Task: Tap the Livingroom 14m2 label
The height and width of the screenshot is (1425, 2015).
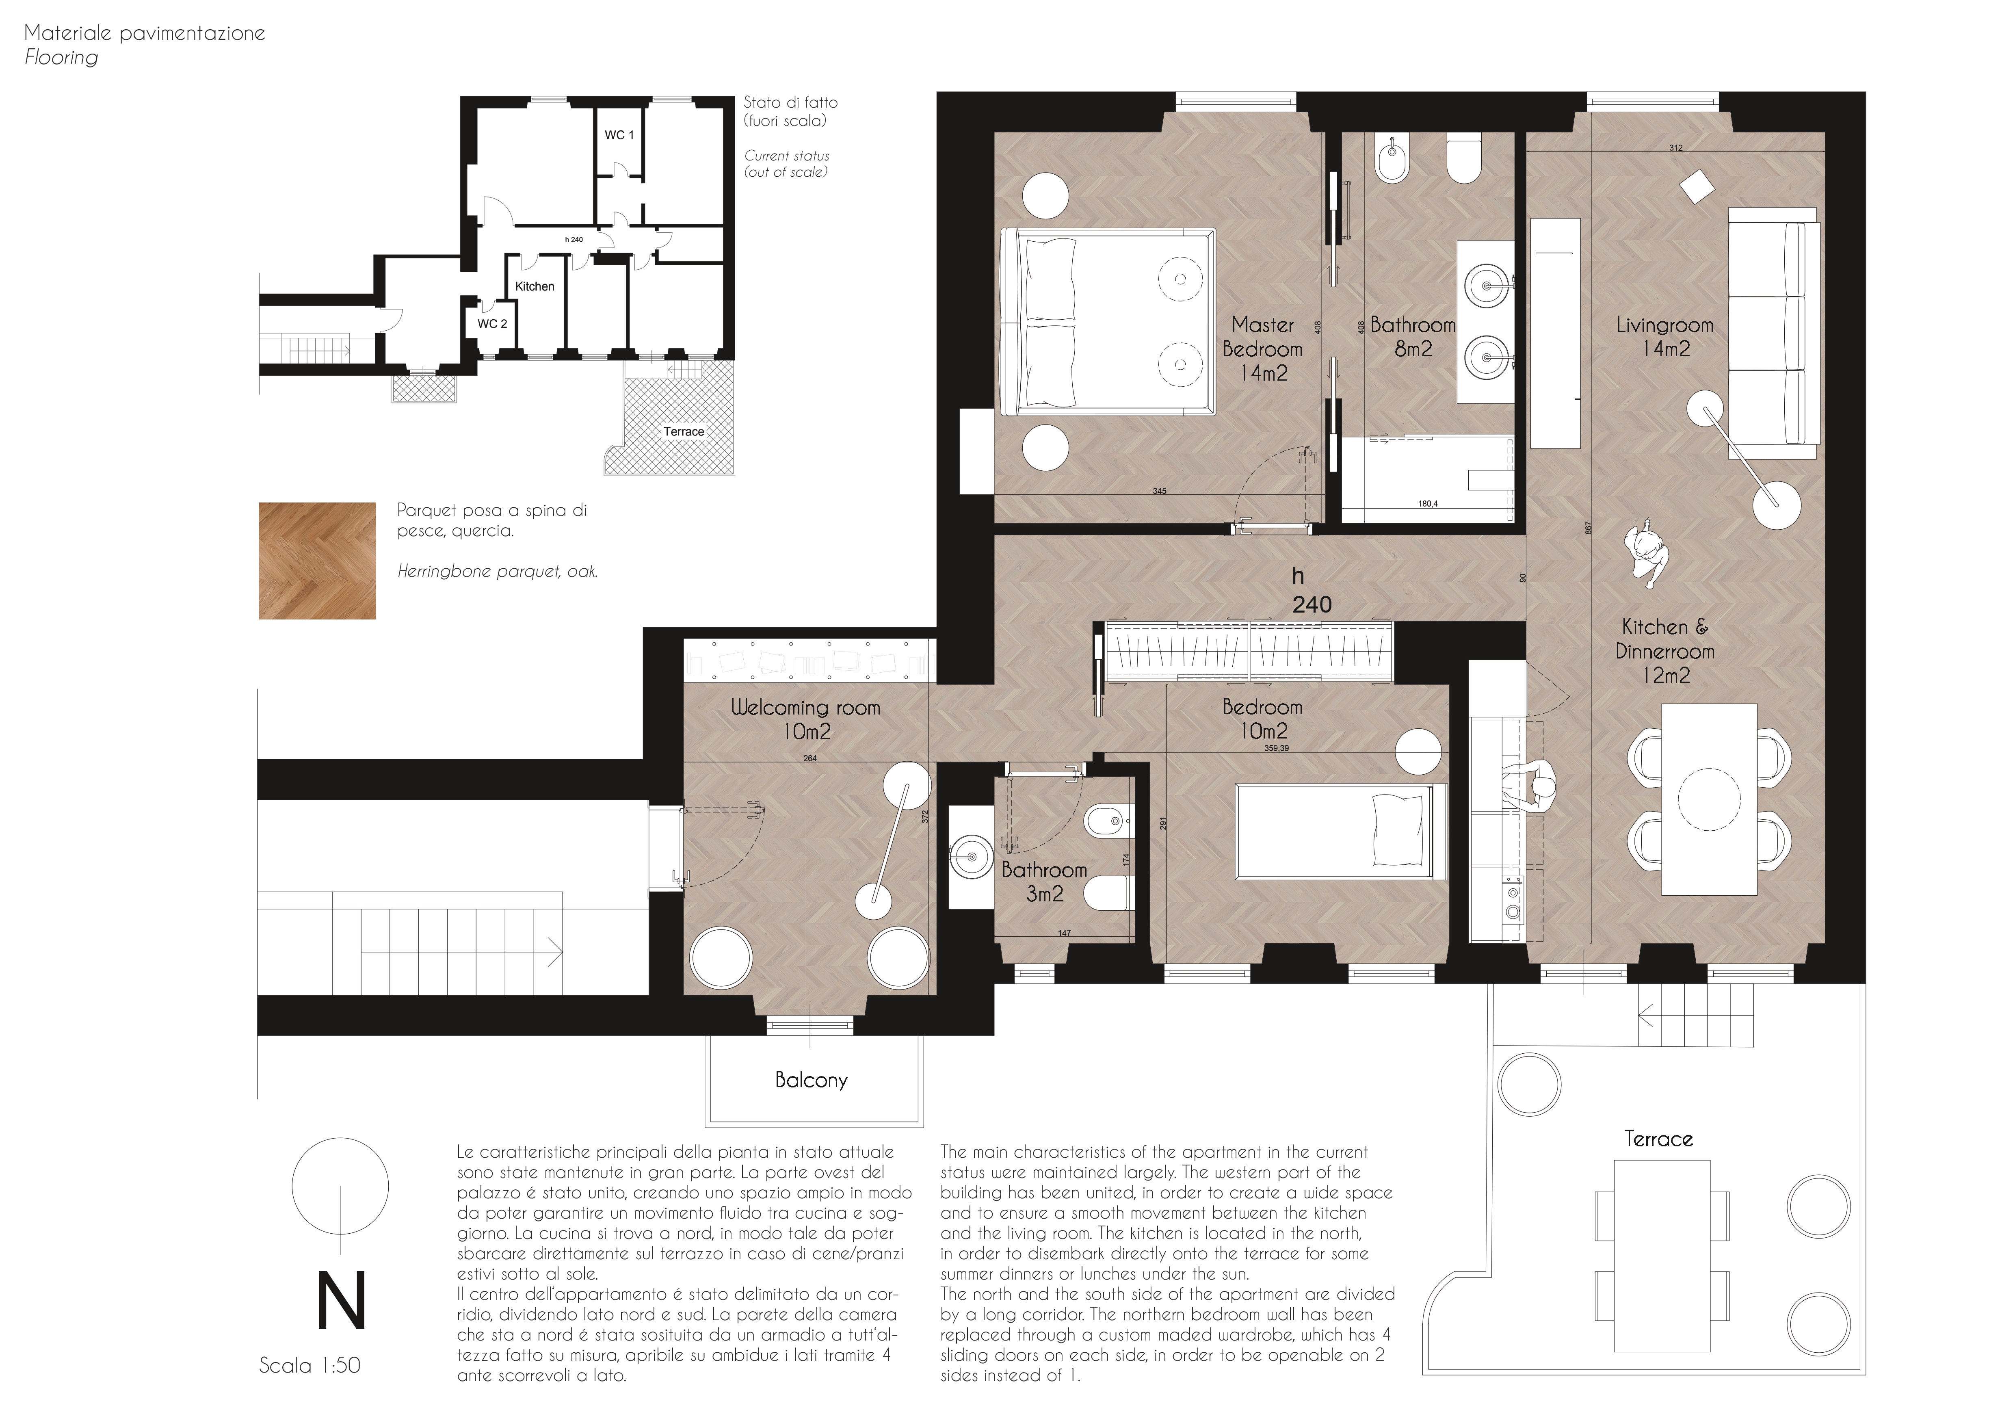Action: pyautogui.click(x=1665, y=337)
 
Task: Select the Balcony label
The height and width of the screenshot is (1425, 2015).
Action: pyautogui.click(x=811, y=1080)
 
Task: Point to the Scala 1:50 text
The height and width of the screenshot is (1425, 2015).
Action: pyautogui.click(x=310, y=1365)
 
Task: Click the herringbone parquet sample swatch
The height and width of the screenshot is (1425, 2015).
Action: pyautogui.click(x=318, y=561)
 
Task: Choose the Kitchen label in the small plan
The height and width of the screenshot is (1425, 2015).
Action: pyautogui.click(x=535, y=286)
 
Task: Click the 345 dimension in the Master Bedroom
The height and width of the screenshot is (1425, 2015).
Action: pyautogui.click(x=1159, y=492)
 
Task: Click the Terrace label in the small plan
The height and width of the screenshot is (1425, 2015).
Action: pyautogui.click(x=684, y=432)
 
